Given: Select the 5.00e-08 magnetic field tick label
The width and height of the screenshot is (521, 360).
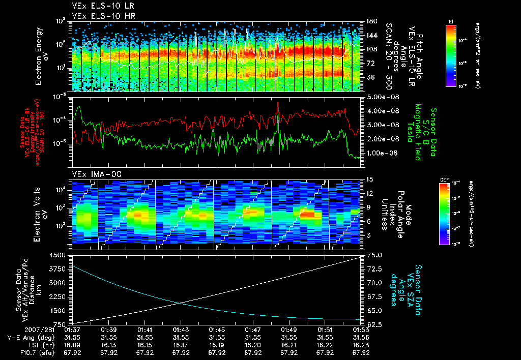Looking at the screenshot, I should click(379, 97).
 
